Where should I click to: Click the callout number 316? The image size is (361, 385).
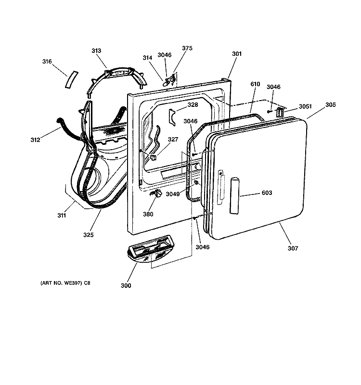47,62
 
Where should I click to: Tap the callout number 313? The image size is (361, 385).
96,51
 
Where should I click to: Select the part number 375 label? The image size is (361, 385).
187,48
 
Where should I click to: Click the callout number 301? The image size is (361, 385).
237,54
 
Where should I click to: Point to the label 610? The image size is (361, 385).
255,84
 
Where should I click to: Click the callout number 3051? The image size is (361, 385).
305,106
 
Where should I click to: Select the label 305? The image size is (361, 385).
331,104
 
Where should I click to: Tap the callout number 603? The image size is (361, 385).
267,193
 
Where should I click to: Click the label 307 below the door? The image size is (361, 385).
293,248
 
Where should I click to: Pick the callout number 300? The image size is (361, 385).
126,285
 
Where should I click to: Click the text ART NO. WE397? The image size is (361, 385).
61,283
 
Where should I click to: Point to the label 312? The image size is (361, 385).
35,140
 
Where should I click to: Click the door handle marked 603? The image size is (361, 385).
234,196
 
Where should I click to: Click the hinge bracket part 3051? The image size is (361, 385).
280,113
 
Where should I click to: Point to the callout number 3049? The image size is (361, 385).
173,194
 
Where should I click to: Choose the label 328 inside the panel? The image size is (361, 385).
193,105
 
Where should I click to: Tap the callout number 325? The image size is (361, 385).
89,235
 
